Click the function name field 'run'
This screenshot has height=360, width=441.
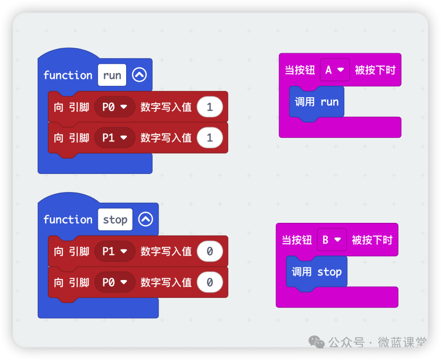pyautogui.click(x=112, y=75)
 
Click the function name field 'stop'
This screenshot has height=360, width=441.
pyautogui.click(x=115, y=220)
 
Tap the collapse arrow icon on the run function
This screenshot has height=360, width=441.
pyautogui.click(x=139, y=75)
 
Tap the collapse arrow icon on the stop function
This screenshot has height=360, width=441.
pyautogui.click(x=145, y=220)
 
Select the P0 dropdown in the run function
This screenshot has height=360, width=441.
pyautogui.click(x=114, y=107)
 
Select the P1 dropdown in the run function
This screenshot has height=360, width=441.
pyautogui.click(x=114, y=138)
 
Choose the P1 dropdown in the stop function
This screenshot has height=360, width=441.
pyautogui.click(x=114, y=251)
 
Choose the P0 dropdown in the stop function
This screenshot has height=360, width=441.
pyautogui.click(x=114, y=282)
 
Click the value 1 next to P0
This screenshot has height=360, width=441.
pyautogui.click(x=209, y=107)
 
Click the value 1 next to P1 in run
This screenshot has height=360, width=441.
pyautogui.click(x=209, y=138)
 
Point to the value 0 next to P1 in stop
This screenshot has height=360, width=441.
pyautogui.click(x=209, y=251)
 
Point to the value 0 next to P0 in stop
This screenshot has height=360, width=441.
pyautogui.click(x=209, y=282)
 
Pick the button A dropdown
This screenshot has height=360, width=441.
pyautogui.click(x=334, y=70)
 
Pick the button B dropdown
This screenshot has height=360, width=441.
pyautogui.click(x=332, y=240)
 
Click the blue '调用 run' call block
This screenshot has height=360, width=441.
pyautogui.click(x=317, y=102)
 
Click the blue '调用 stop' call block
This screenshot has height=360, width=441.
pyautogui.click(x=316, y=272)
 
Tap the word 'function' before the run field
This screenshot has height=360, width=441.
pyautogui.click(x=68, y=75)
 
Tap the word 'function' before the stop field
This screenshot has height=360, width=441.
pyautogui.click(x=68, y=220)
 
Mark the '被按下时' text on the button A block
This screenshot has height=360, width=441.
pyautogui.click(x=375, y=70)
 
